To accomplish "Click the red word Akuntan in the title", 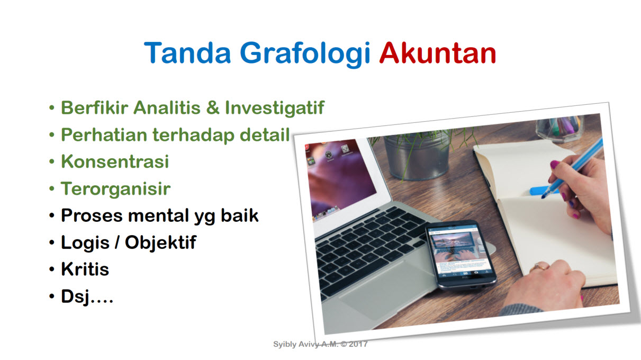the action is click(x=438, y=53).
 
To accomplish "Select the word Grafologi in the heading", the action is click(x=305, y=55).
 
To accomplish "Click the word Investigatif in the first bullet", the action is click(x=274, y=108).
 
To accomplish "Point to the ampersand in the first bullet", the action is click(x=213, y=108).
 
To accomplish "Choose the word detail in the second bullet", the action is click(x=265, y=134).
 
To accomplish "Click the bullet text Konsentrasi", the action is click(x=115, y=161).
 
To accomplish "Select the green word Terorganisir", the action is click(x=115, y=189).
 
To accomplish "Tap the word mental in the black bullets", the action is click(x=159, y=215).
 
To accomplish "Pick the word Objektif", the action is click(x=160, y=242).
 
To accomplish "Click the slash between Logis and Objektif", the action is click(x=117, y=242).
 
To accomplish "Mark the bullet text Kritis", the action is click(x=85, y=269).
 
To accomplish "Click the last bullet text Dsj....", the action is click(x=87, y=296).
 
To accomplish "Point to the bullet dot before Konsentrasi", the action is click(x=51, y=161).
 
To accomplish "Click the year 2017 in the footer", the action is click(x=358, y=344).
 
